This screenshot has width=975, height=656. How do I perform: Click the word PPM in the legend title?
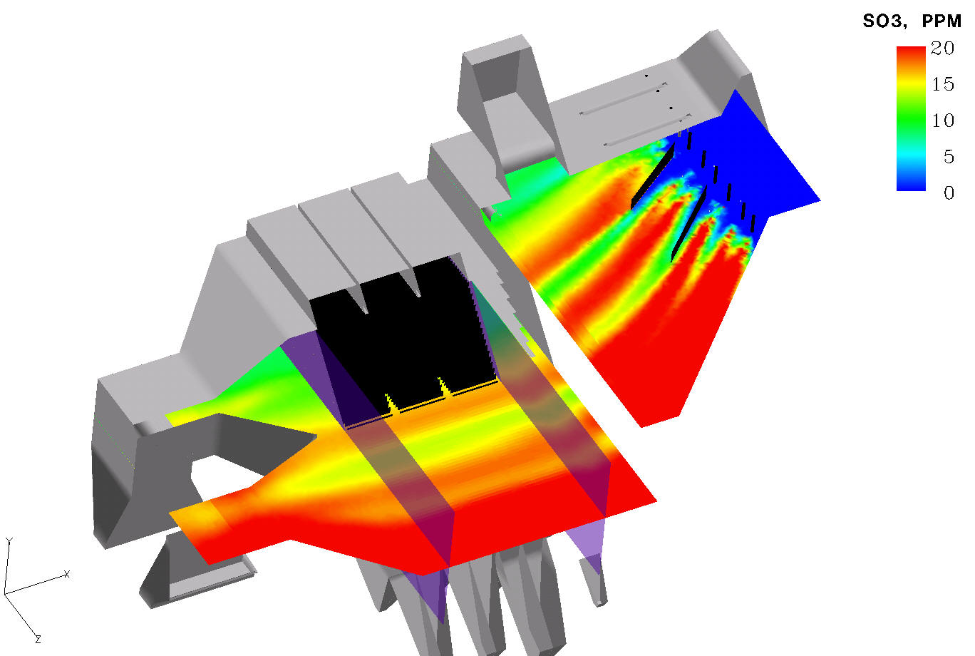pos(942,21)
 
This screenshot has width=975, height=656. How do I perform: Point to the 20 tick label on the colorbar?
pos(942,48)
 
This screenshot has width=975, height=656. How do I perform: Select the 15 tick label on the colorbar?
pos(943,84)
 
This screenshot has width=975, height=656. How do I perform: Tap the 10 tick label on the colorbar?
pos(943,121)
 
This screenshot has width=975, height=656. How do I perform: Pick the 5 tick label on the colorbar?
pos(949,156)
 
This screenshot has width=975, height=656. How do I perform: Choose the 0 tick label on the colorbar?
pos(949,193)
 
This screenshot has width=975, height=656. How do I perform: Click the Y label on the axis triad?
pos(9,541)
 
